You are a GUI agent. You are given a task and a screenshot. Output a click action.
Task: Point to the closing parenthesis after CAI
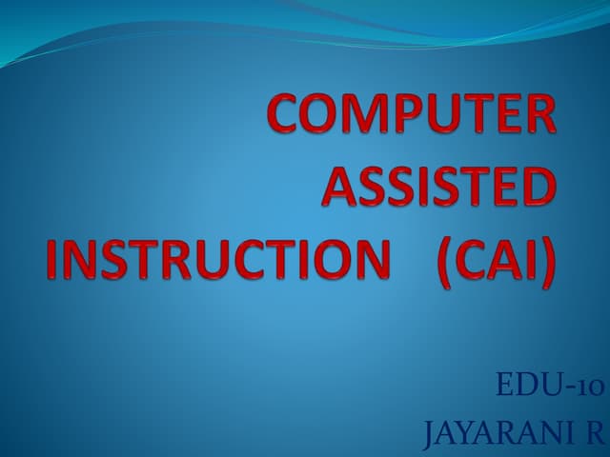click(x=546, y=257)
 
